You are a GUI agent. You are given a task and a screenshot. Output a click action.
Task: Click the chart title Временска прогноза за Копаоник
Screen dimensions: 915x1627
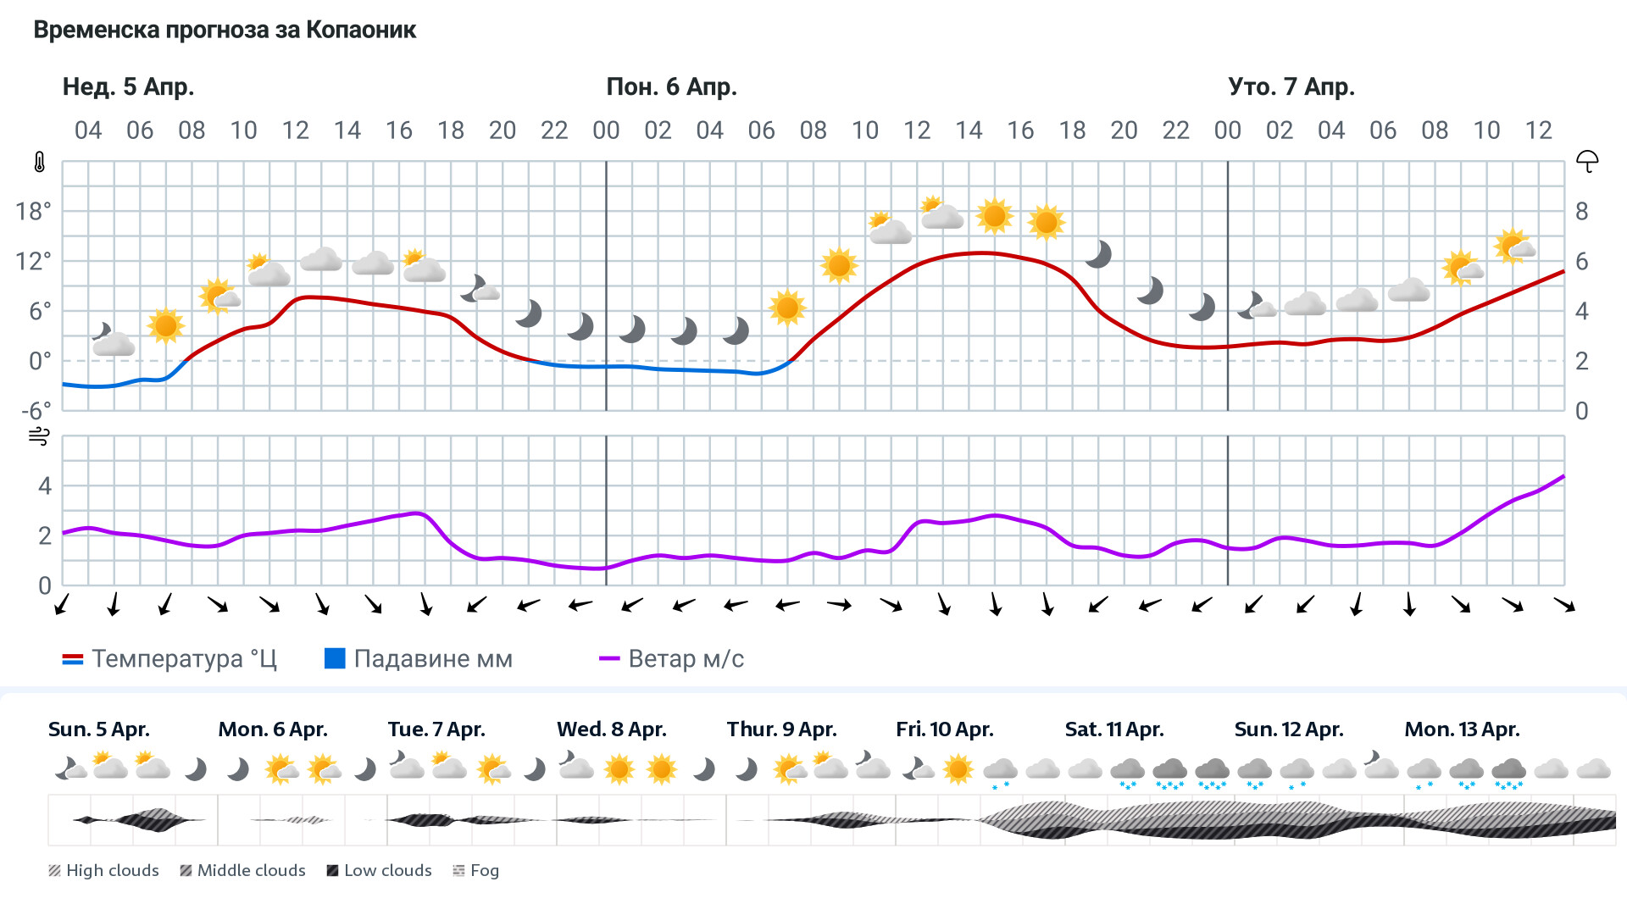[225, 30]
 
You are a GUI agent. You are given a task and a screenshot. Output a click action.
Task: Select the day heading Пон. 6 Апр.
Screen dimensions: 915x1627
[671, 87]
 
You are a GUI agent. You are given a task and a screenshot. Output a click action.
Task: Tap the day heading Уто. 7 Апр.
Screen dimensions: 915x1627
[1291, 87]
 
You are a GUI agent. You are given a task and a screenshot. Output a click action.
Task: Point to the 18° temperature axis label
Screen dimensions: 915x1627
[33, 211]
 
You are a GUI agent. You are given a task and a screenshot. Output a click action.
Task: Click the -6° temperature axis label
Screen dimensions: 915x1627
[36, 411]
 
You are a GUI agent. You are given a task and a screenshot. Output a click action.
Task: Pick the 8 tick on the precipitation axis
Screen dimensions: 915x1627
[1581, 211]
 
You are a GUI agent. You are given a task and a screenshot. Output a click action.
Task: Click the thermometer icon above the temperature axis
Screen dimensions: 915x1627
[40, 162]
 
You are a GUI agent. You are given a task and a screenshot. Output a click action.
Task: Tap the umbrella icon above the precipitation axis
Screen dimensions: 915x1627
[1586, 161]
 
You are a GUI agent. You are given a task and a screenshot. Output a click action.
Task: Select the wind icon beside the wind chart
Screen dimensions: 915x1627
[39, 436]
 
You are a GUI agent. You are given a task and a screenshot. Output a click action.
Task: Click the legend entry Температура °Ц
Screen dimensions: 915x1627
[169, 659]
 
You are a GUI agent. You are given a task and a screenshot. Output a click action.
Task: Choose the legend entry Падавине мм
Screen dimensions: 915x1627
[419, 659]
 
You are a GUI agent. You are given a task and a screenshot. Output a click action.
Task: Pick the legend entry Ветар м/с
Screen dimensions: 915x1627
[671, 659]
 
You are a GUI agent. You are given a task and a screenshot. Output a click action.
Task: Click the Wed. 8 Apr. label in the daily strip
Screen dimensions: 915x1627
[611, 729]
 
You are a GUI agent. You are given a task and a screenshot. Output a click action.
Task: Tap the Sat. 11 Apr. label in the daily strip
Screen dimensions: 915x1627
[1113, 729]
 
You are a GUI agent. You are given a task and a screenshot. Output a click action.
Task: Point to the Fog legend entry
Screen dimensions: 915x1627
[476, 871]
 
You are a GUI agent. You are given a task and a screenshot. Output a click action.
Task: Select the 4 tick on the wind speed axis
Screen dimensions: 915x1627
[45, 486]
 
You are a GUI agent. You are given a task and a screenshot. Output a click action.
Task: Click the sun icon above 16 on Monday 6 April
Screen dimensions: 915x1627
[1046, 222]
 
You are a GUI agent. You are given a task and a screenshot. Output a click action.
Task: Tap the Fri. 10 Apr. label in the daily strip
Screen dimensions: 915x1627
[944, 729]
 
